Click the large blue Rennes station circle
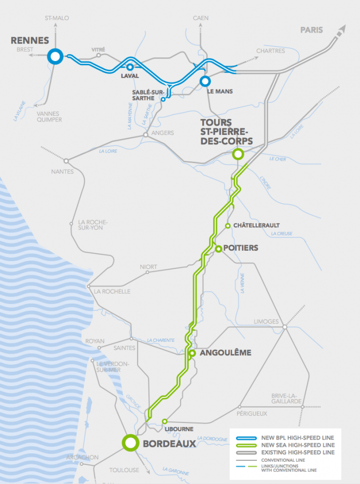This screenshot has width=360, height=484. coord(55,56)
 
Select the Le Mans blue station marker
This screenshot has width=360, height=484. coord(205,81)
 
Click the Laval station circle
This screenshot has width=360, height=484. coord(130,67)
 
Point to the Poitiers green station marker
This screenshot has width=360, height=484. coord(219,249)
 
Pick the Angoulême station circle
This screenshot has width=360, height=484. coord(192,353)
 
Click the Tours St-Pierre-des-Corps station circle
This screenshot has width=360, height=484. coord(238,154)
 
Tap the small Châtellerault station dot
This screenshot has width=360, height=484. coord(228,226)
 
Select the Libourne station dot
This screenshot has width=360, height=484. coord(164,421)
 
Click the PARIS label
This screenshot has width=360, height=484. coord(311,30)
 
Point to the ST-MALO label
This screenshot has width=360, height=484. coord(57,18)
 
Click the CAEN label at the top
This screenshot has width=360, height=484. coord(201,18)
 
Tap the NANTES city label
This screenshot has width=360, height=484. coord(62,171)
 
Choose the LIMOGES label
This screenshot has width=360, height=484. coord(266,322)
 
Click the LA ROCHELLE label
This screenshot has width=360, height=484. coord(112,291)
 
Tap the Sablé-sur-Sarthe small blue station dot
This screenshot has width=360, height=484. coord(163,99)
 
